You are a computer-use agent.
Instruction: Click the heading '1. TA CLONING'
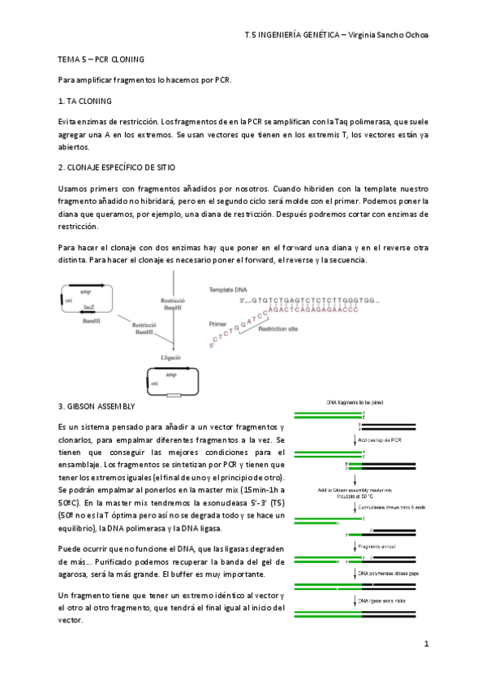pos(85,101)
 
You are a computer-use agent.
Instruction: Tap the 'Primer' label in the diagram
pos(218,323)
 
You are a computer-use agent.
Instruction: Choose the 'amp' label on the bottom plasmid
pos(171,375)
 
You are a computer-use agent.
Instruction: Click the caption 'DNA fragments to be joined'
pos(355,403)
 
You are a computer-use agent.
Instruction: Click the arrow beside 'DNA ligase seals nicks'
pos(355,600)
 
